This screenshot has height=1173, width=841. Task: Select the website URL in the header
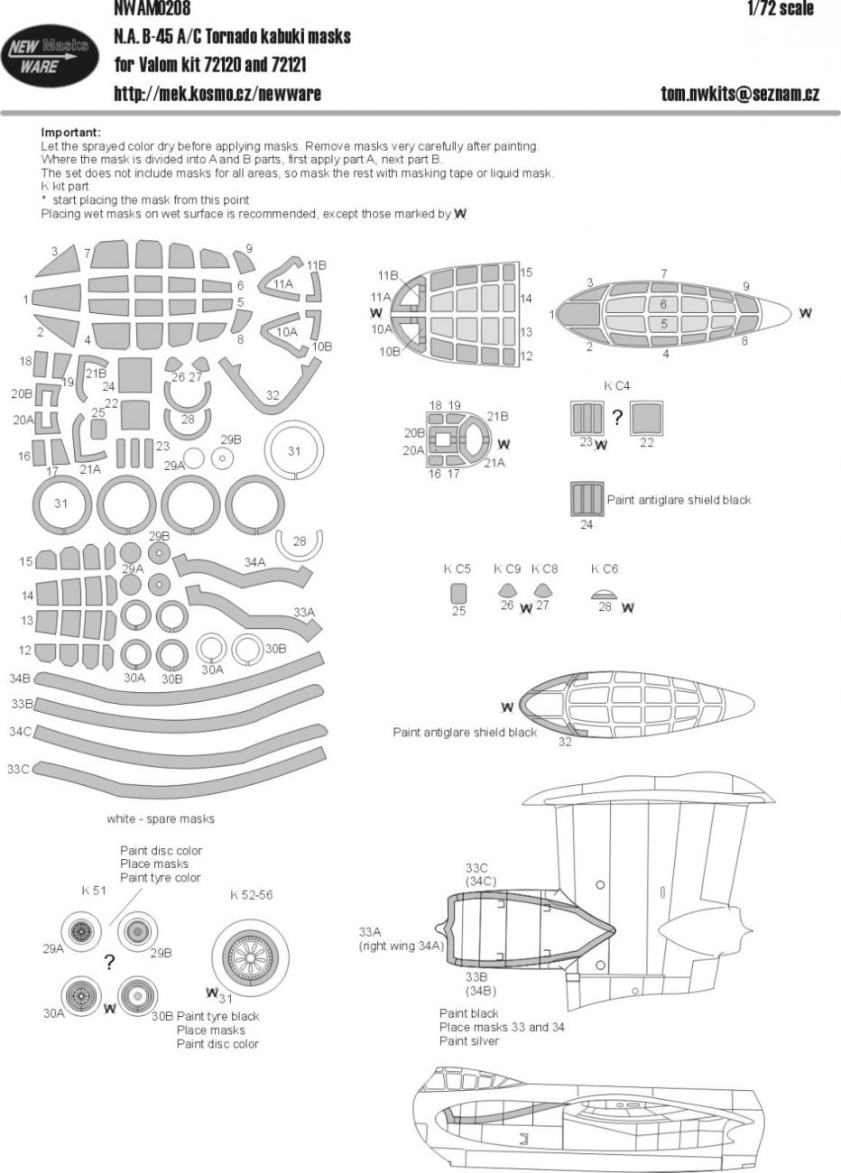[x=217, y=93]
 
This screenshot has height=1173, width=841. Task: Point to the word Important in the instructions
[x=71, y=132]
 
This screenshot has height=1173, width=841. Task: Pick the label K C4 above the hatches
[x=617, y=386]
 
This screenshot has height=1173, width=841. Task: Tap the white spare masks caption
[x=161, y=818]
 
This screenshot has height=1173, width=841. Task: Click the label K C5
[x=457, y=569]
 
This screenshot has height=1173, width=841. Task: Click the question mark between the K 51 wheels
[x=108, y=962]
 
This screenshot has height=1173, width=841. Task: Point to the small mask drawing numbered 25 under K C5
[x=458, y=593]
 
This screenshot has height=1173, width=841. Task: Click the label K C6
[x=605, y=569]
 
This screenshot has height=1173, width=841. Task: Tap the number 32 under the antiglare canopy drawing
[x=565, y=742]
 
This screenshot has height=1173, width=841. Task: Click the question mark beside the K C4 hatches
[x=618, y=417]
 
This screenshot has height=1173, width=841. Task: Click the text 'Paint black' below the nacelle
[x=469, y=1013]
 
